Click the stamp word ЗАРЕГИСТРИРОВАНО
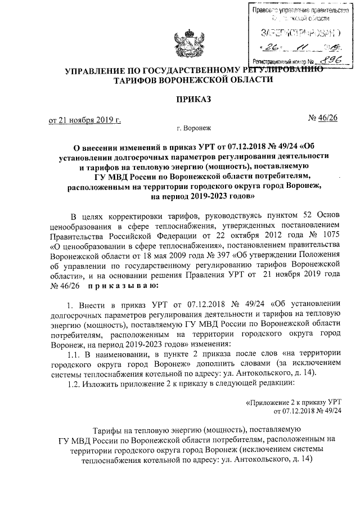296,31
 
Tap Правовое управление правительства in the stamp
298,10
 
